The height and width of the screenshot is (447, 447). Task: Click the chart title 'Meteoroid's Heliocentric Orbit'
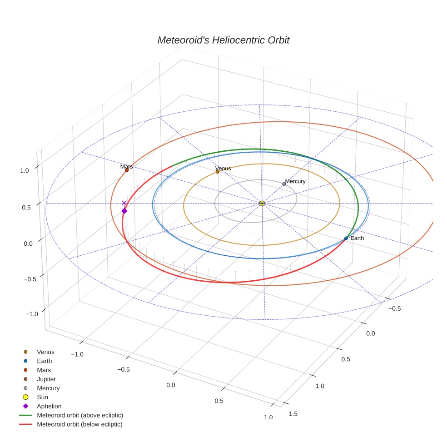point(223,40)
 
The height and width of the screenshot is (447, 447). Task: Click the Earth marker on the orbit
point(346,238)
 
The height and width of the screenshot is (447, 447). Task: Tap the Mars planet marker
point(127,170)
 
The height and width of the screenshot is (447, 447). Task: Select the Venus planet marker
point(217,172)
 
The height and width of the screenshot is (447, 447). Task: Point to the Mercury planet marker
point(284,184)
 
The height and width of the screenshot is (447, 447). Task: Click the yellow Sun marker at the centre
point(262,203)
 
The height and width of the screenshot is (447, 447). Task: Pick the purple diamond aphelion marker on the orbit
point(124,211)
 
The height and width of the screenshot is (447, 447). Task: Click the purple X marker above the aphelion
point(124,203)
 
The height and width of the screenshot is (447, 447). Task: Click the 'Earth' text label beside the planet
point(357,238)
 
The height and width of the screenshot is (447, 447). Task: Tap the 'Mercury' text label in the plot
point(295,181)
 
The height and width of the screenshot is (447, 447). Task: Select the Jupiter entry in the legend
point(46,379)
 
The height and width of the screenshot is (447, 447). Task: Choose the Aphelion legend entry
point(49,406)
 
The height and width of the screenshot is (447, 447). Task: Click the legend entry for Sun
point(42,397)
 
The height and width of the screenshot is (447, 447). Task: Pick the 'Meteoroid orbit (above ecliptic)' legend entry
point(80,415)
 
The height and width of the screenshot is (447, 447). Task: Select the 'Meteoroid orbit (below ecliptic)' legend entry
point(79,424)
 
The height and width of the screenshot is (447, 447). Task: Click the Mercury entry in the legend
point(48,388)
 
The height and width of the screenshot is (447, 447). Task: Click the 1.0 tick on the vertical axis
point(24,170)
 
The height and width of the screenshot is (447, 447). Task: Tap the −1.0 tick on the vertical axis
point(31,314)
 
